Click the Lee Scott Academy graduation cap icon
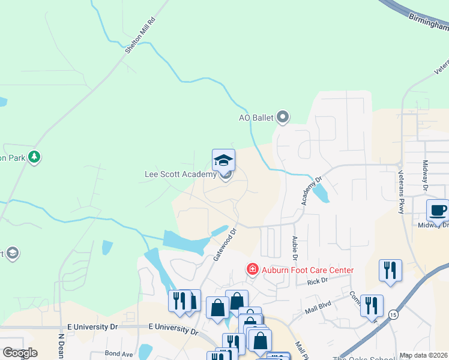(x=223, y=160)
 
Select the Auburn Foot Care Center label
(x=307, y=270)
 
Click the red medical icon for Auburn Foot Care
(x=253, y=270)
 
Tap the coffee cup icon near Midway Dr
(x=437, y=211)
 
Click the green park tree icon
(x=35, y=157)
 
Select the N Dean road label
(x=61, y=346)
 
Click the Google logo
(x=19, y=353)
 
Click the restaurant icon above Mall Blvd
(x=390, y=270)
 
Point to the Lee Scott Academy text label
(x=180, y=175)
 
